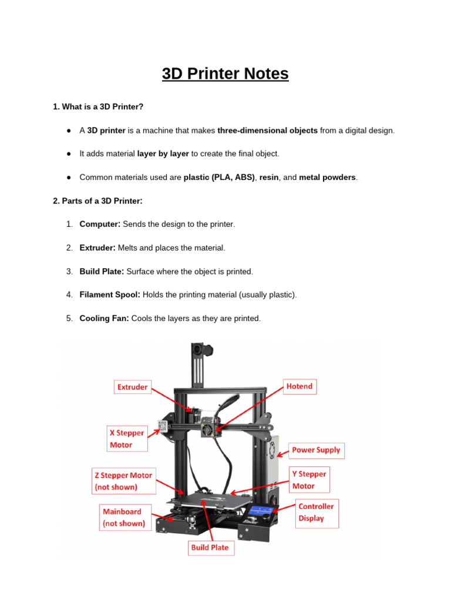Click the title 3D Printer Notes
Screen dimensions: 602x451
225,74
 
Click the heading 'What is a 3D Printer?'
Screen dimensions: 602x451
98,106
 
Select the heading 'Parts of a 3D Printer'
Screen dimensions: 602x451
97,201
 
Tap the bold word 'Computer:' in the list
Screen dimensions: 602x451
100,225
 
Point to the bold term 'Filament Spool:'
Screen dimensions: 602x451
110,295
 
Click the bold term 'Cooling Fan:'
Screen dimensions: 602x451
105,319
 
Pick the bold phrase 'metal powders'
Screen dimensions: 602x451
327,178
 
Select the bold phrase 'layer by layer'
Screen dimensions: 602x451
163,154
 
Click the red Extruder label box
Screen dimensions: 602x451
133,387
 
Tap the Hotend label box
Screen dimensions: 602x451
299,386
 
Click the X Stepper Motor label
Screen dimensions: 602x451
127,439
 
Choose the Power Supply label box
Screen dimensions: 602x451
316,450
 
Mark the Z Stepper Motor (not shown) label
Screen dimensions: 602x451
123,481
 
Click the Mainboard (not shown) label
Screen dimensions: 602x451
124,517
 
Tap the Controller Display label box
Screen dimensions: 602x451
316,512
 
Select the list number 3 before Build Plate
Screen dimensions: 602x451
69,272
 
